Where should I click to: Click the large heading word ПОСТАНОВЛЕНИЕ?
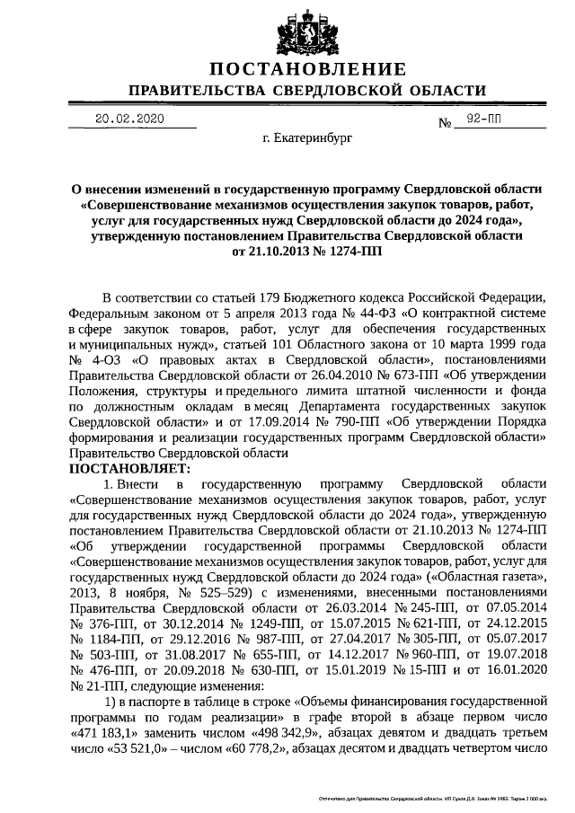click(307, 70)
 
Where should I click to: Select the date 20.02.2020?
click(130, 119)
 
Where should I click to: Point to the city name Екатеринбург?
click(307, 140)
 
